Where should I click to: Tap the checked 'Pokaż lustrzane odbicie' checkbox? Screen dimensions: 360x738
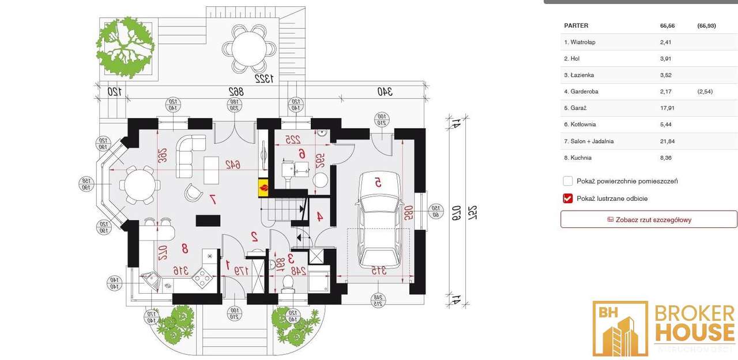(x=568, y=198)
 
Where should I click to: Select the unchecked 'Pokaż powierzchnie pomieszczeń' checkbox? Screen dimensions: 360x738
(x=568, y=181)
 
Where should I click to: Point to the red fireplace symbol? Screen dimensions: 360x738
(x=263, y=187)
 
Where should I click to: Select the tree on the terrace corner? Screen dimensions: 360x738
(x=125, y=47)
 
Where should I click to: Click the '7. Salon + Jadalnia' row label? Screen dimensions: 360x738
(x=589, y=141)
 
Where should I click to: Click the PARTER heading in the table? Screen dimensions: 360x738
(x=576, y=26)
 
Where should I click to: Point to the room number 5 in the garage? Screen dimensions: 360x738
(x=378, y=182)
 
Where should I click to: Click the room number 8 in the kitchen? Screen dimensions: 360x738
(x=184, y=249)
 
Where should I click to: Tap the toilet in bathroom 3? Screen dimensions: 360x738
(x=288, y=283)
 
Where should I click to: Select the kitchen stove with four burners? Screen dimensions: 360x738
(x=202, y=279)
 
